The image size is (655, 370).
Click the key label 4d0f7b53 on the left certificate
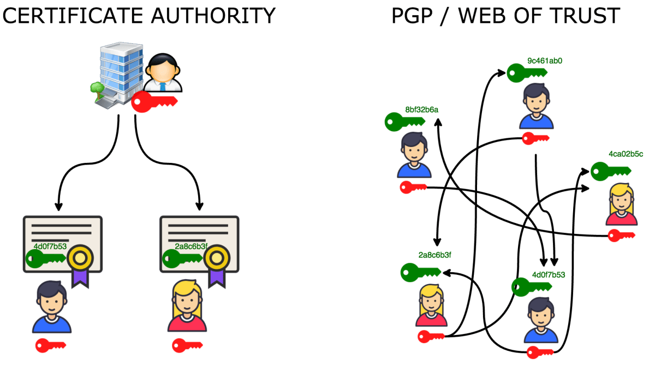(46, 246)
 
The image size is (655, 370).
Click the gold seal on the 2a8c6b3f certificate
(218, 256)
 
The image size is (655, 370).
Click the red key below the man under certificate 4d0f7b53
(50, 345)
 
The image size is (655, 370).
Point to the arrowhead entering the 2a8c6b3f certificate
(199, 207)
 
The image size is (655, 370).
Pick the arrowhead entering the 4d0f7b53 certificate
(58, 207)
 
